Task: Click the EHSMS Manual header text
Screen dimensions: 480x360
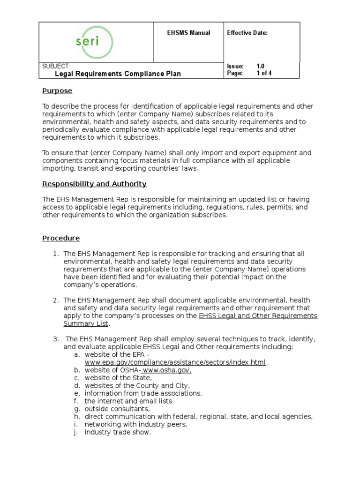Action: [188, 33]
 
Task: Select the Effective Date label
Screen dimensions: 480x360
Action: [247, 33]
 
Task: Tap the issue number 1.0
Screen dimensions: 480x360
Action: [261, 67]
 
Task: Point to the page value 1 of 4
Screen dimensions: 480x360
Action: [263, 74]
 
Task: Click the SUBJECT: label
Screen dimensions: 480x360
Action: [56, 66]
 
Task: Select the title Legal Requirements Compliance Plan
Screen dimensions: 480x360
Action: [118, 74]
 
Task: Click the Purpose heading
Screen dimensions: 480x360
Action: [57, 91]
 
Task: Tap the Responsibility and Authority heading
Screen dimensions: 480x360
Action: [94, 184]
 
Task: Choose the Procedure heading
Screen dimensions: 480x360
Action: [61, 238]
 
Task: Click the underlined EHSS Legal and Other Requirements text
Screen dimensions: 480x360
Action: [258, 316]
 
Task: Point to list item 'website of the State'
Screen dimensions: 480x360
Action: [118, 378]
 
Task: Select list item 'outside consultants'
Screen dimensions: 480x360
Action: [117, 409]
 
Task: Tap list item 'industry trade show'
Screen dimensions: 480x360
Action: [118, 432]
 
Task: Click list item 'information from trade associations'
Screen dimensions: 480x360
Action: [143, 393]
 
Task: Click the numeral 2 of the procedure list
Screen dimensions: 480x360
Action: [55, 300]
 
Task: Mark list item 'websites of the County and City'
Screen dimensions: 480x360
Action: [137, 385]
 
